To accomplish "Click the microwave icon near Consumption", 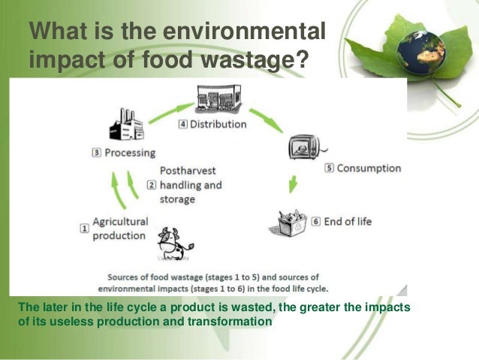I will click(303, 147).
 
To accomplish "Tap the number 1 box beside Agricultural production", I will click(85, 226).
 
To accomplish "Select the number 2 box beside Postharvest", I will click(151, 183).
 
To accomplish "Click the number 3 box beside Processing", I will click(95, 152).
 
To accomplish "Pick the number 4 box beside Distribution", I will click(182, 124).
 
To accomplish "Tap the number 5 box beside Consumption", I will click(329, 168).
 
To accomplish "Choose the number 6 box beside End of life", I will click(316, 222).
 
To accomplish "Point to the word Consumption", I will click(369, 168).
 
